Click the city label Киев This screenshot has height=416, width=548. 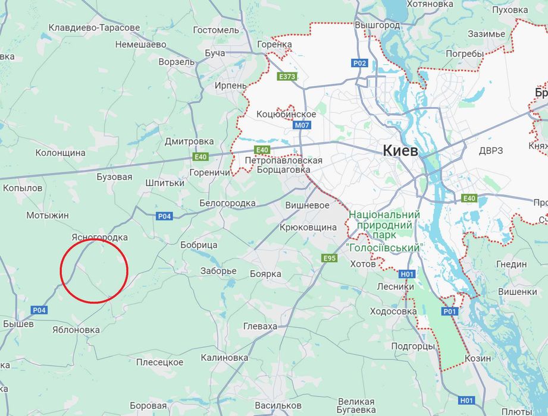tap(400, 150)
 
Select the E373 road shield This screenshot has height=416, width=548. tap(287, 77)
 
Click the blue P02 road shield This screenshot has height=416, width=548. tap(359, 63)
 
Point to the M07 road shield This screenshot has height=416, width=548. tap(302, 126)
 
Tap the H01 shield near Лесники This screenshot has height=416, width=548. tap(406, 274)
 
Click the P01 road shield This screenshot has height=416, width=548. tap(450, 311)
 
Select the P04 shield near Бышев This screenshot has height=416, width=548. tap(39, 310)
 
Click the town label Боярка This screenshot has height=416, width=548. tap(265, 273)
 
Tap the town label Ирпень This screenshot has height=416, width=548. tap(231, 86)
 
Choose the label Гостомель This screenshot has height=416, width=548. tap(215, 30)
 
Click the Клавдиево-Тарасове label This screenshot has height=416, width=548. tap(94, 27)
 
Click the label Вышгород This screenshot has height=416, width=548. tap(377, 26)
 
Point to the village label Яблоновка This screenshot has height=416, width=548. tap(76, 330)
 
